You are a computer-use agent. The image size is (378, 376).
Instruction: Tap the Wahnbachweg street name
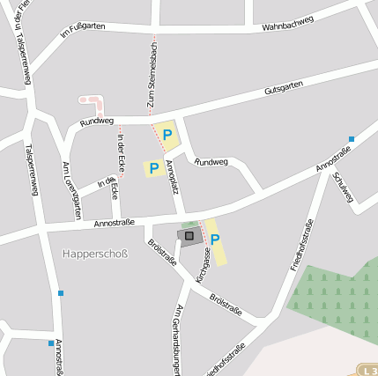pos(288,27)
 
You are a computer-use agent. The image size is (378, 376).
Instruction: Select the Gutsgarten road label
pos(284,88)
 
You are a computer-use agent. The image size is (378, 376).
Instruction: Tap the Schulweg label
pos(343,187)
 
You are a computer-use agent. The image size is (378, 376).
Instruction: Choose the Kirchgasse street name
pos(204,266)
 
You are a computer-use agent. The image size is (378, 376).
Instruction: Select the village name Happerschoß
pos(95,254)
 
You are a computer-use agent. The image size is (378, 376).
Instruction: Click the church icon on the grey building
pos(188,236)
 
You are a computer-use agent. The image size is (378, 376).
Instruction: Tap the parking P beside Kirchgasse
pos(215,239)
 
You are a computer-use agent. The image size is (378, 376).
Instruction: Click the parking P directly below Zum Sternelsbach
pos(167,135)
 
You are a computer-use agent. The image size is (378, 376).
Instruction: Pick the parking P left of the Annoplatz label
pos(153,167)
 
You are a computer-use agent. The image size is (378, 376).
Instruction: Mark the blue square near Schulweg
pos(351,139)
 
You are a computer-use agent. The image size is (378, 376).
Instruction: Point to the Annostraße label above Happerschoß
pos(114,223)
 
